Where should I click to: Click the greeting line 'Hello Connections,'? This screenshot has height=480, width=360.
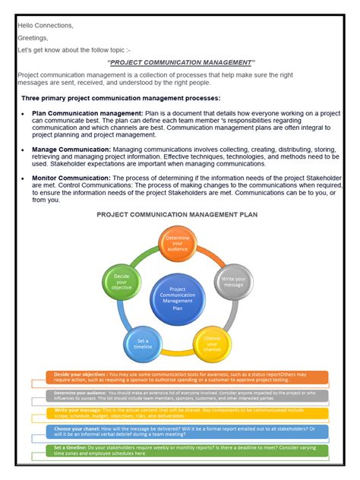point(46,25)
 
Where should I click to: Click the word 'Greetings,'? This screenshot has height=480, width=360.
point(33,37)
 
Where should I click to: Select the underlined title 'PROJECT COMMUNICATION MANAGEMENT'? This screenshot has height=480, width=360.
point(182,62)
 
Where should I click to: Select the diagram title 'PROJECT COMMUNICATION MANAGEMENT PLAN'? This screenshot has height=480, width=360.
point(177,215)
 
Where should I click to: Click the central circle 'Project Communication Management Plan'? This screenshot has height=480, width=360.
point(178,298)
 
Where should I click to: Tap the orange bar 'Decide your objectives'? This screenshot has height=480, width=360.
point(181,377)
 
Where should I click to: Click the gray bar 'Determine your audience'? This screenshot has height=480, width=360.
point(181,396)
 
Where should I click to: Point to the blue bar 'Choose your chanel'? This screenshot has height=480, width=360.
point(181,432)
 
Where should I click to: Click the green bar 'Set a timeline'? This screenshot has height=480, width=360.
point(181,450)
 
